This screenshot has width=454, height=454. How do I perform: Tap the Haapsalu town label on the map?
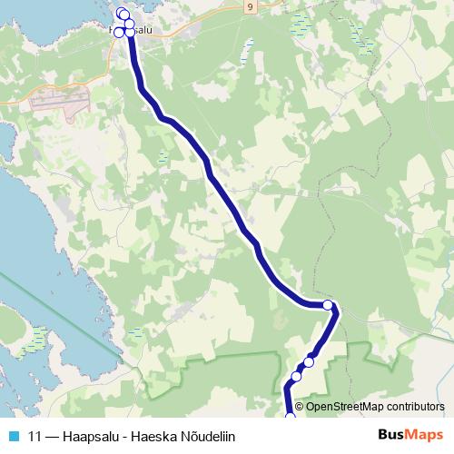pos(145,31)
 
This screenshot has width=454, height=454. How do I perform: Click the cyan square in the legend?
pos(13,436)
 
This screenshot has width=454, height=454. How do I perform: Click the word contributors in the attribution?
pos(414,407)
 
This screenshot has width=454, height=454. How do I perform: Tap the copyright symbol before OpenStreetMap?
pos(300,407)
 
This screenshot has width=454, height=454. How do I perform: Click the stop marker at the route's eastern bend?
pos(328,306)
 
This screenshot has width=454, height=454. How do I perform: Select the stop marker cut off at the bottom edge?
pos(291,417)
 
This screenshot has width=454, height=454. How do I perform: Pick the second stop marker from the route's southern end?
pos(296,376)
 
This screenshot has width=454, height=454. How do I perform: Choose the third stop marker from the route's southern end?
pos(309,362)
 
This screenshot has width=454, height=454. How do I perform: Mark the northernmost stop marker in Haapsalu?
pos(122,13)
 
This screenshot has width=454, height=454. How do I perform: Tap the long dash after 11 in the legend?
pos(54,436)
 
